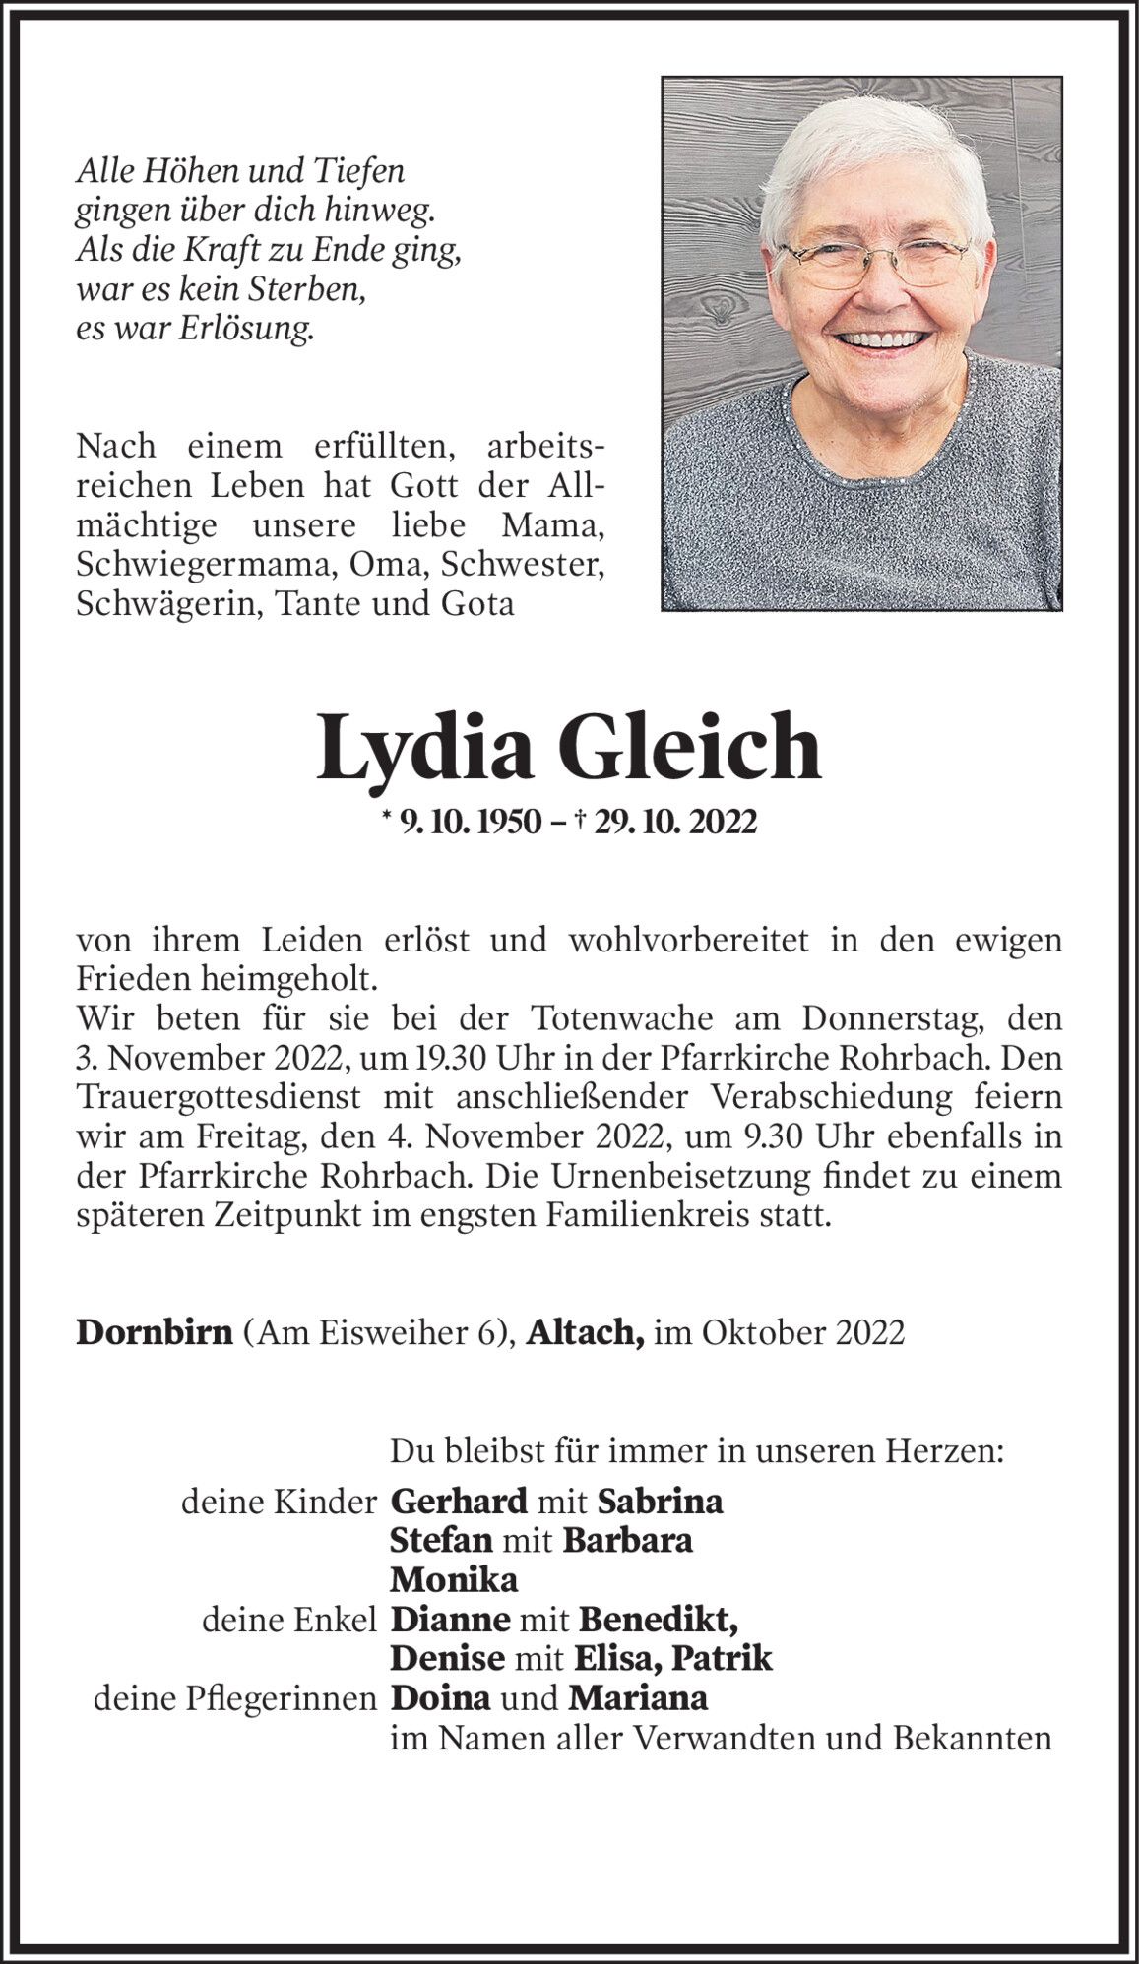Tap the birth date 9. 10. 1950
pos(471,822)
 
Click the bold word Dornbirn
pos(155,1332)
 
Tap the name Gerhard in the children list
pos(460,1503)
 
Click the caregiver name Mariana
pos(638,1699)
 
